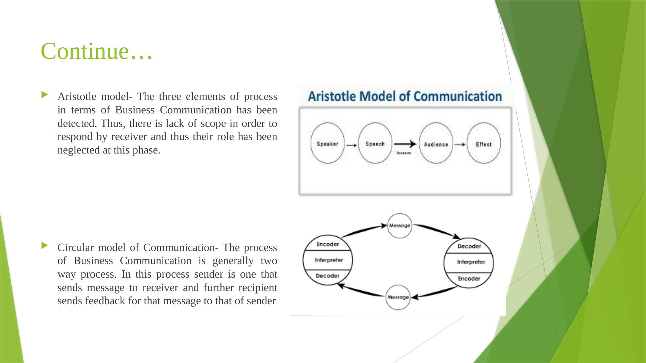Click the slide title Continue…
96,51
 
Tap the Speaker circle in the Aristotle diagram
327,143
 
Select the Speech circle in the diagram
375,143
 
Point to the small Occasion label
403,153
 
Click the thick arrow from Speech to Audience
405,144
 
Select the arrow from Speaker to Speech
352,146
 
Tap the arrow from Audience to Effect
460,145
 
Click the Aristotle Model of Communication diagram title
405,96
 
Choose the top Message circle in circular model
400,225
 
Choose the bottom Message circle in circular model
398,297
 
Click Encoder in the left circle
328,244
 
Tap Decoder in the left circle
328,276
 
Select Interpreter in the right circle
471,262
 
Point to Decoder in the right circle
469,246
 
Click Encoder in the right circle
469,278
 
